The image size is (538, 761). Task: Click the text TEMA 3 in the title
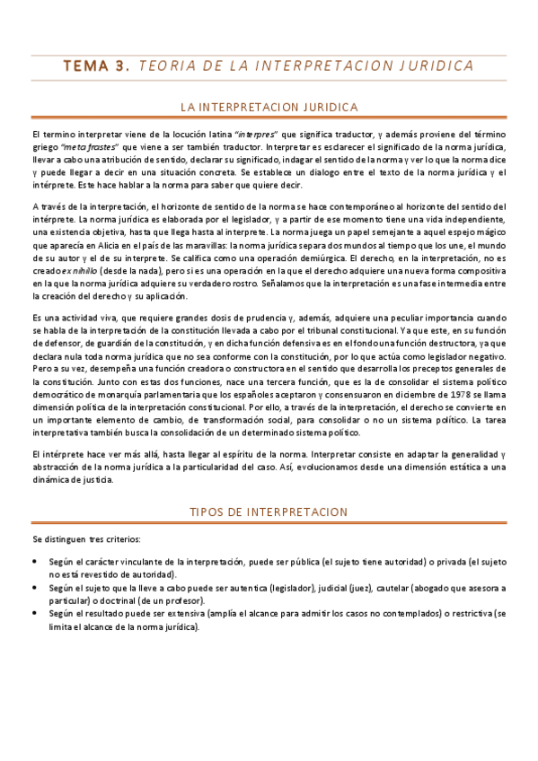click(95, 66)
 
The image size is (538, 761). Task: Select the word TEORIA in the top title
click(172, 66)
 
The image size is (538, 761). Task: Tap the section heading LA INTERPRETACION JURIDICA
click(269, 108)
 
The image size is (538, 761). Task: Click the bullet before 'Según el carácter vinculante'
click(34, 561)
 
